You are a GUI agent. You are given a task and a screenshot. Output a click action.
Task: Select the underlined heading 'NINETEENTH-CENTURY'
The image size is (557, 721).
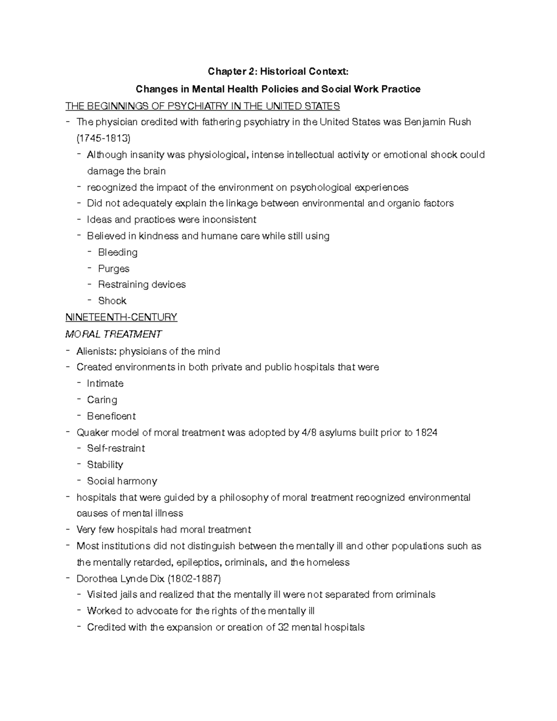point(121,318)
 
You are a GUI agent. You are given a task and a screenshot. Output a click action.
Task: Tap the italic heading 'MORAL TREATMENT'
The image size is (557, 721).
point(113,334)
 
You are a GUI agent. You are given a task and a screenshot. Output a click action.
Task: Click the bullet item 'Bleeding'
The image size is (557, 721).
point(118,253)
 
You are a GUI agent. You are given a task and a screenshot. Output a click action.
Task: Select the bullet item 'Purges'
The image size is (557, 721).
point(114,269)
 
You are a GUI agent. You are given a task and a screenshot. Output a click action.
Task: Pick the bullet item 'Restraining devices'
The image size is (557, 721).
point(142,285)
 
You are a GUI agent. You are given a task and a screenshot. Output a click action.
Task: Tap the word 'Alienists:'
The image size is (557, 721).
point(97,351)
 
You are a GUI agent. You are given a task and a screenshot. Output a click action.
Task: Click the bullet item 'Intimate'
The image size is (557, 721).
point(105,383)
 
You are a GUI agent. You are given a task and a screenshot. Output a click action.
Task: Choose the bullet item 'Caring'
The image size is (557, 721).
point(102,400)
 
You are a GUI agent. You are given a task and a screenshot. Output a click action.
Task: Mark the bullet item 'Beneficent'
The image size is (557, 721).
point(111,416)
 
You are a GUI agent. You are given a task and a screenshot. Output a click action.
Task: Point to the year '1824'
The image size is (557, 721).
point(426,433)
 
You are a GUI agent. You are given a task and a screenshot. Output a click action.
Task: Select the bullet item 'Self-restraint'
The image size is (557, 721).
point(116,448)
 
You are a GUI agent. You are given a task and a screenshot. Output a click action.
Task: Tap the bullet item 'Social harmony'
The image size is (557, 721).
point(122,481)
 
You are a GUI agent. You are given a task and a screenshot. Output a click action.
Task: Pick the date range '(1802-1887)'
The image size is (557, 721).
point(194,579)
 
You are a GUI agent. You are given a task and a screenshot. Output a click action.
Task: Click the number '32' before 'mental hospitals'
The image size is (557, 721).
point(283,628)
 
